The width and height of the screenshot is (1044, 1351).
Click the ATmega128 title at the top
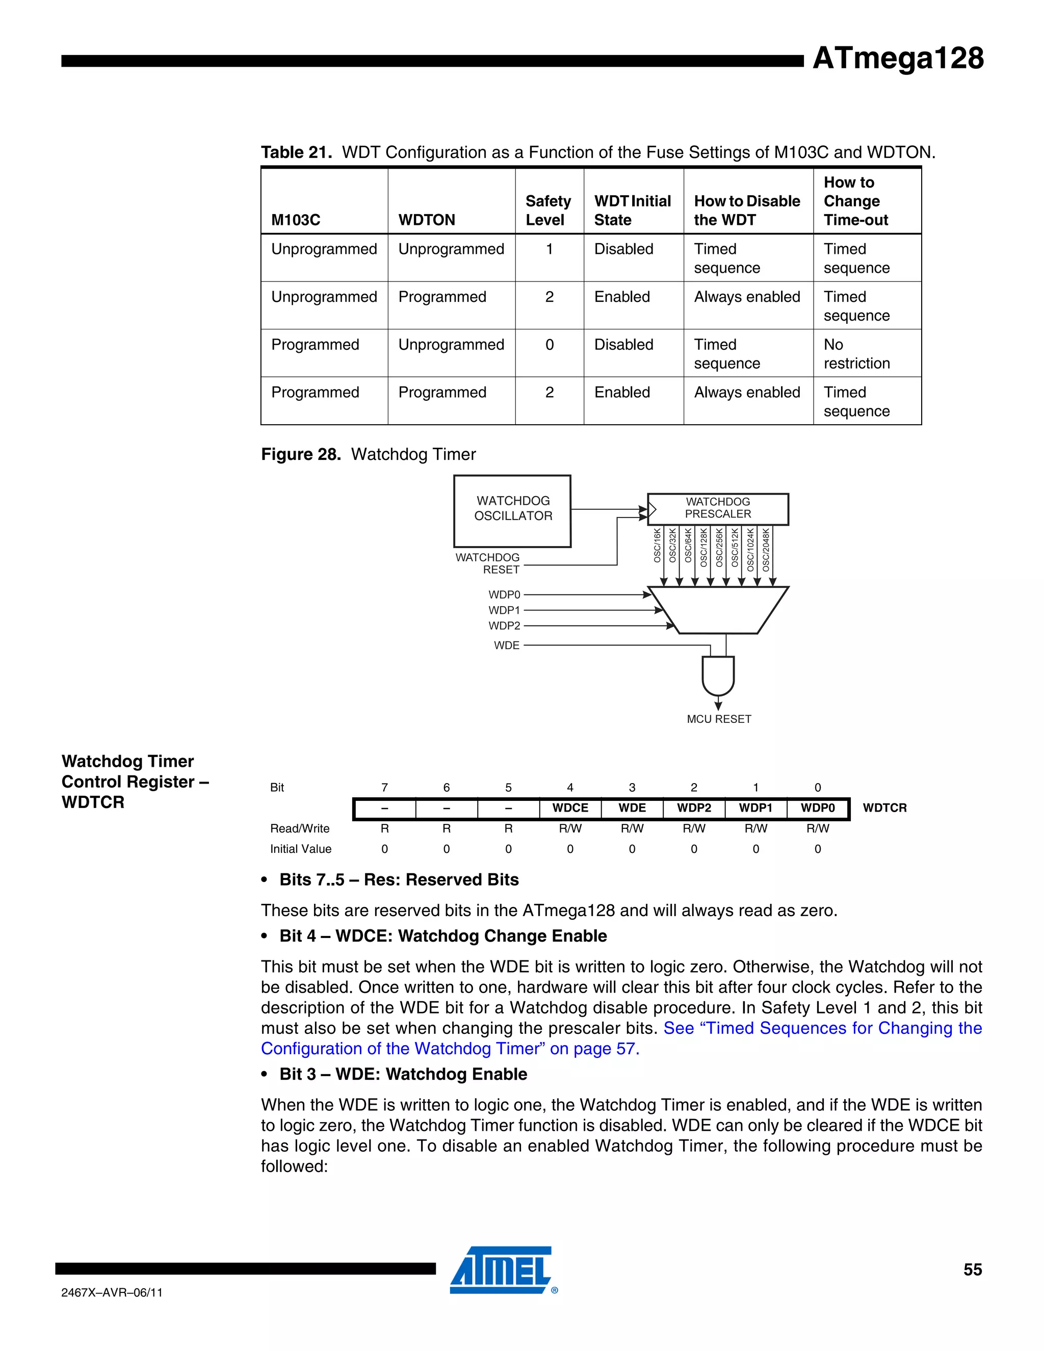(897, 58)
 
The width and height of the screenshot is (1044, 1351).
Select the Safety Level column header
(548, 211)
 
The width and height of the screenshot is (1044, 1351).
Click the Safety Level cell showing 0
(549, 345)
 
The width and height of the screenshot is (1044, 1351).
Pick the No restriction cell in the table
(856, 354)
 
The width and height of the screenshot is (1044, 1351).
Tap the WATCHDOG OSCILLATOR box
(512, 510)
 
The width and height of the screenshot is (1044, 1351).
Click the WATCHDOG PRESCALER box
(717, 508)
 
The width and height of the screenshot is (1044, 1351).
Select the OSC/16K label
(658, 545)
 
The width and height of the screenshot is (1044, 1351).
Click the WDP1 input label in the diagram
(504, 610)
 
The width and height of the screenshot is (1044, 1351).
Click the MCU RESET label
(719, 719)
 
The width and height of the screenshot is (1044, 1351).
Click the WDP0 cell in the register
(817, 808)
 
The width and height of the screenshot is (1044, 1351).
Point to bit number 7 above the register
(385, 788)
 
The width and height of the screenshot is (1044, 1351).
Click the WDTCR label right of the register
(884, 808)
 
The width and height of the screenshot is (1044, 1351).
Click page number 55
(972, 1270)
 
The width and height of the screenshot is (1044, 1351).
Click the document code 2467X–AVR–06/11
(112, 1292)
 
